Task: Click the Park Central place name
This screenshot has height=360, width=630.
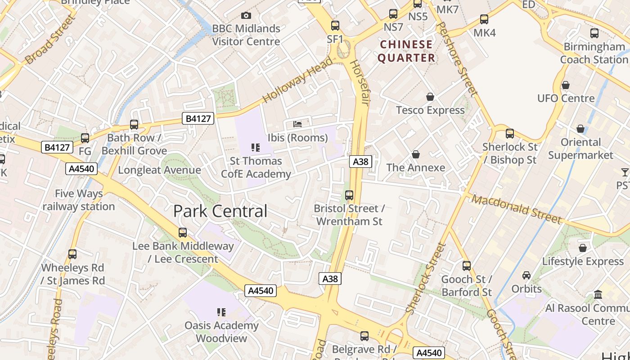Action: (x=220, y=211)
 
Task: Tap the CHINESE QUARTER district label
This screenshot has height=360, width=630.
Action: (x=406, y=51)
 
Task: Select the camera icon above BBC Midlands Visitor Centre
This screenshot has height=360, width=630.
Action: (x=246, y=16)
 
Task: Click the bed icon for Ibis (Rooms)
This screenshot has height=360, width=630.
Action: (x=297, y=124)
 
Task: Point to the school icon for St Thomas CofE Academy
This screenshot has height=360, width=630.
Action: (x=256, y=147)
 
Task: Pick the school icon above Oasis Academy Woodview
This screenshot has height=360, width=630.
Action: (x=221, y=312)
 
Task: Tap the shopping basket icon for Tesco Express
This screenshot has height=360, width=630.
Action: (x=430, y=97)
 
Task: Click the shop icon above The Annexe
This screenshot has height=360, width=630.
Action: (x=416, y=154)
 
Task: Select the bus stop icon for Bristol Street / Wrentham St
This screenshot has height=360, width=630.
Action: (x=349, y=195)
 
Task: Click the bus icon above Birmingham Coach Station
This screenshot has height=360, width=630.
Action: (x=594, y=33)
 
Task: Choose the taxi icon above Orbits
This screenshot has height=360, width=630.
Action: (x=526, y=275)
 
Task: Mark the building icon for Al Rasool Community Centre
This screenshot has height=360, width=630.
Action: (x=598, y=295)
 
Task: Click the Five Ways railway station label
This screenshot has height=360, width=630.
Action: (x=79, y=200)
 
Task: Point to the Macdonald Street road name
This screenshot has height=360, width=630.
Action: (x=517, y=209)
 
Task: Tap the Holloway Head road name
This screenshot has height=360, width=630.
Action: (x=297, y=80)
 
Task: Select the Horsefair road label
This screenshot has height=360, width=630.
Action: (x=359, y=83)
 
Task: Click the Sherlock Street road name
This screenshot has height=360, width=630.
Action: (x=425, y=279)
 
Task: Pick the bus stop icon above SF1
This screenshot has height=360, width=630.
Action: (x=335, y=26)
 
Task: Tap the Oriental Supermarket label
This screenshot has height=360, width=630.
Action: (x=580, y=148)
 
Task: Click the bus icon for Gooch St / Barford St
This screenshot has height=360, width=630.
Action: (x=467, y=266)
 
